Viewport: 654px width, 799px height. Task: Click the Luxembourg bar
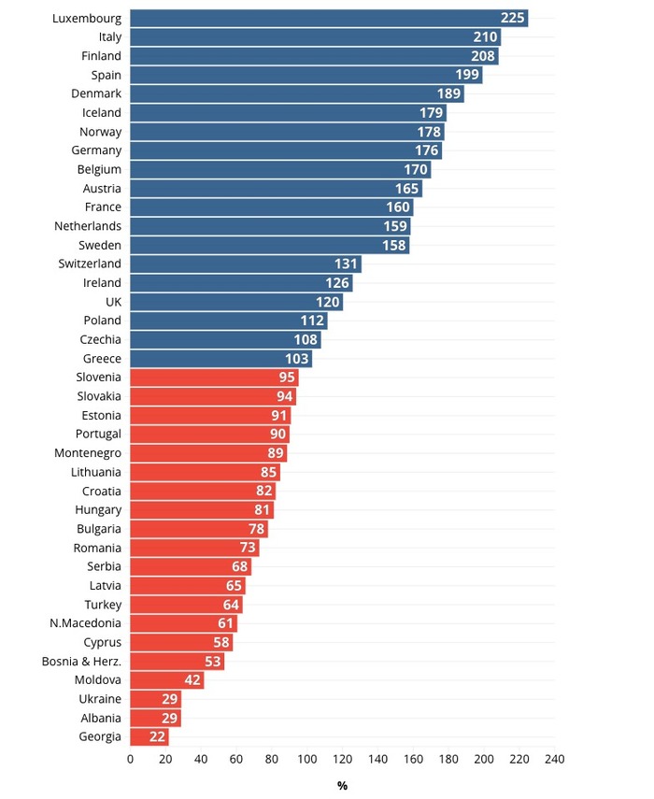tap(327, 19)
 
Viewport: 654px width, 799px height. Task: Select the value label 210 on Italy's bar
tap(485, 37)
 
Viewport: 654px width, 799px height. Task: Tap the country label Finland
tap(102, 56)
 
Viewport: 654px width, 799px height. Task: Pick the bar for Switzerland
tap(245, 264)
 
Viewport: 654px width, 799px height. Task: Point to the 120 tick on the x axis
tap(343, 759)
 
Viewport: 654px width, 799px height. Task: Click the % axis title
tap(342, 786)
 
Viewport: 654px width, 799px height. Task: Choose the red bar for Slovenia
tap(214, 377)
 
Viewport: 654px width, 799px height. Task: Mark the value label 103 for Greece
tap(296, 358)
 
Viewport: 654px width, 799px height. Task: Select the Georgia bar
tap(149, 736)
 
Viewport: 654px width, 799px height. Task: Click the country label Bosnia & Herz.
tap(82, 661)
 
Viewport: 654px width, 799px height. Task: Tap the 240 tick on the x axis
tap(555, 759)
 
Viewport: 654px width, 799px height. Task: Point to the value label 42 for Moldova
tap(193, 679)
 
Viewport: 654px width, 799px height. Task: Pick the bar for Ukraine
tap(155, 698)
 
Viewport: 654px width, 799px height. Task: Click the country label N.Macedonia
tap(86, 622)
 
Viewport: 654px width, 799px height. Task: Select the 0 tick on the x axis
tap(130, 759)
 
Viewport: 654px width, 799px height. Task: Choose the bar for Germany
tap(285, 150)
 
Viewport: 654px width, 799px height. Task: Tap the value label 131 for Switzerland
tap(347, 264)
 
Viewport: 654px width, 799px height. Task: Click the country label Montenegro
tap(88, 452)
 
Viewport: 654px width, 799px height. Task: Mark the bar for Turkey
tap(186, 604)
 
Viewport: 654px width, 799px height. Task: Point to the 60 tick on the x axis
tap(236, 759)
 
